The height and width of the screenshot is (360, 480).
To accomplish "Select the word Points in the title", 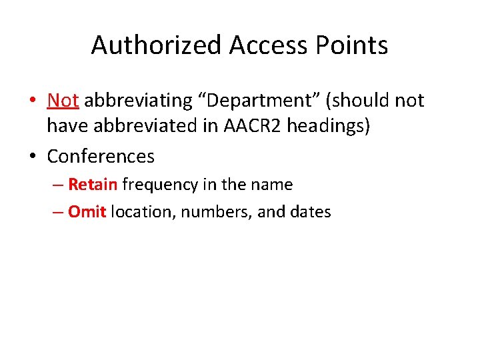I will coord(354,45).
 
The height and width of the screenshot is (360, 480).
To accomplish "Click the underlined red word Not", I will coord(63,100).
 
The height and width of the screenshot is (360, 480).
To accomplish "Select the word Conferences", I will coord(101,156).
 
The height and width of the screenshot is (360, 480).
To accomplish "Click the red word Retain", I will coord(93,184).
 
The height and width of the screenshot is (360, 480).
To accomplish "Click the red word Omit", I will coord(87,212).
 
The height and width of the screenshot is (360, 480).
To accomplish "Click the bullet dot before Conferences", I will coord(32,157).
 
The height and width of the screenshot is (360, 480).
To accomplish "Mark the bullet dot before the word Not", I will coord(32,101).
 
